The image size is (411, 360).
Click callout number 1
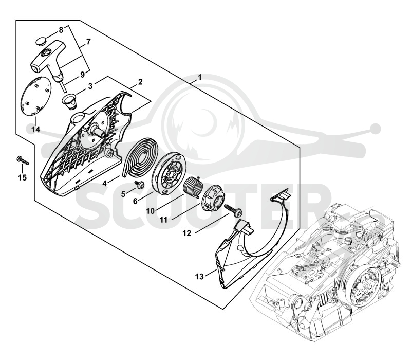200,78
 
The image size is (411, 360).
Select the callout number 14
35,130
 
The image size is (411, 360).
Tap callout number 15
23,177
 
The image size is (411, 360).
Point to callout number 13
199,277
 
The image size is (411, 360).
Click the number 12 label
187,233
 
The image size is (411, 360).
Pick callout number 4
105,183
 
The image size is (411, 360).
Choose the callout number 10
151,211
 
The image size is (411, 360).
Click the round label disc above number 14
35,96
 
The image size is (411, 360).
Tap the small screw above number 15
22,160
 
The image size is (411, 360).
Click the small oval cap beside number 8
41,41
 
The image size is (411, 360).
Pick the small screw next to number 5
138,184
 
